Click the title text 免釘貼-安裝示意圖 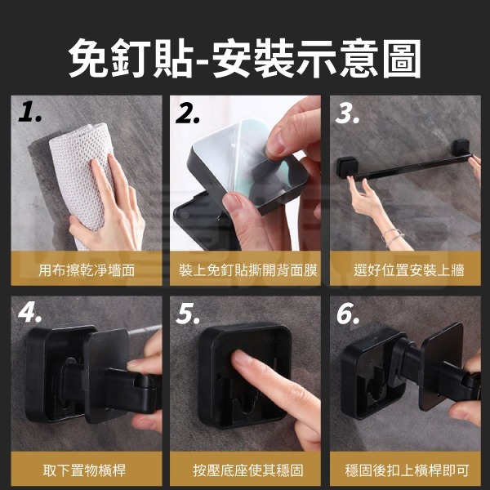click(245, 59)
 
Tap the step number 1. click(29, 112)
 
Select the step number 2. click(188, 113)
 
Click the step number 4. click(29, 313)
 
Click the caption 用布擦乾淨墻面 click(87, 270)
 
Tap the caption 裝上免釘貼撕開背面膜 click(248, 270)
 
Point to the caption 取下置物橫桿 click(84, 470)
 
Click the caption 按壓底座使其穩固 click(248, 470)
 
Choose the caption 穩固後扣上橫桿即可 click(407, 470)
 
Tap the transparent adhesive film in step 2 click(247, 159)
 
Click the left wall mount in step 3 click(346, 167)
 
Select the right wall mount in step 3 click(461, 146)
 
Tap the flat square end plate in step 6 click(441, 366)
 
